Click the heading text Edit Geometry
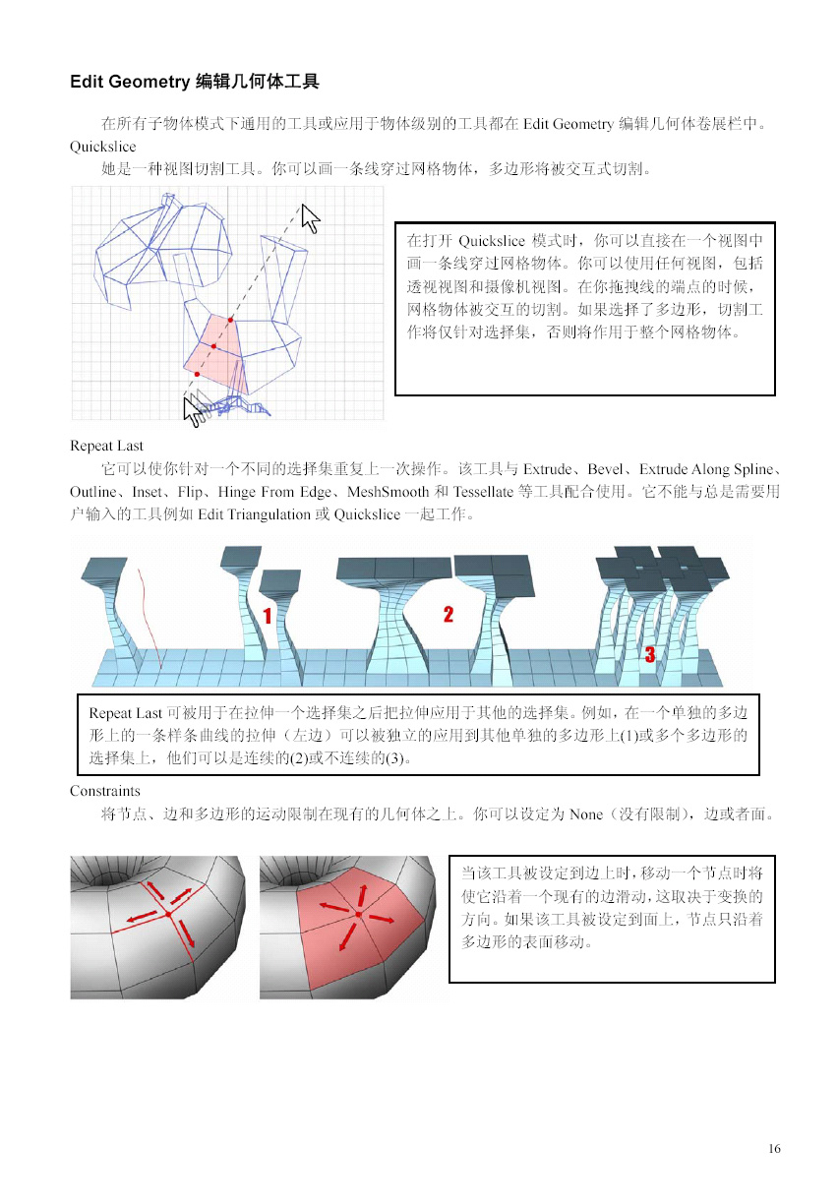[130, 82]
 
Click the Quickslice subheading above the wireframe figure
[102, 147]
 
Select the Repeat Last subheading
[106, 446]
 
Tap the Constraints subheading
[105, 791]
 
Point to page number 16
[774, 1149]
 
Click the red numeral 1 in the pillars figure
[268, 616]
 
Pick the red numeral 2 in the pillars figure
[449, 614]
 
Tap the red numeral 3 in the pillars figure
[650, 654]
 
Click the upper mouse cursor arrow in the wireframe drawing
[310, 218]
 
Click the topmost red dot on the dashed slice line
[230, 320]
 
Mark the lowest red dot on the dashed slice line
[198, 374]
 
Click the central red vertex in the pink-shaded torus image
[359, 914]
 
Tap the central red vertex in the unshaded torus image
[168, 914]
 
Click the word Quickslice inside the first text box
[492, 240]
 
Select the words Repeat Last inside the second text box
[125, 713]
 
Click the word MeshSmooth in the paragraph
[388, 492]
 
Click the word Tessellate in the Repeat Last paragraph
[483, 492]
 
